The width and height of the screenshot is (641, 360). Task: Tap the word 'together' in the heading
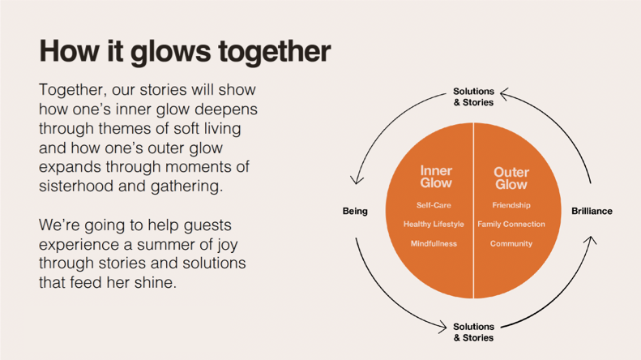coord(273,52)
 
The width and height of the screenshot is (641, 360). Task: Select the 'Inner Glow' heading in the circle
coord(436,177)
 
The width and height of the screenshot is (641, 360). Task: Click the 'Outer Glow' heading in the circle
coord(511,178)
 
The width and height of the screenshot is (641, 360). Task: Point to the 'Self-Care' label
coord(434,205)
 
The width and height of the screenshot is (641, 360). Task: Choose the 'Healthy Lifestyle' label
coord(434,224)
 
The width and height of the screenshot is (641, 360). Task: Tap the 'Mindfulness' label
coord(434,243)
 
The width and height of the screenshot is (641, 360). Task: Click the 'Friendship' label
coord(511,205)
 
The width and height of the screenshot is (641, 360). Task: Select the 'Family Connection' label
coord(511,224)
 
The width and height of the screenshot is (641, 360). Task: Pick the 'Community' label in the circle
coord(511,243)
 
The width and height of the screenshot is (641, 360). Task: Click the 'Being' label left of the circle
coord(355,212)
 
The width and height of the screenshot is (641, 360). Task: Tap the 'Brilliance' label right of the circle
coord(592,212)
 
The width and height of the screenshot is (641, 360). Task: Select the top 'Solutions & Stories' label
coord(473,97)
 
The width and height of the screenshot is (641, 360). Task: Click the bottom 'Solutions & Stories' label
coord(473,332)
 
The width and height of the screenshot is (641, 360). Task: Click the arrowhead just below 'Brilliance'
coord(591,240)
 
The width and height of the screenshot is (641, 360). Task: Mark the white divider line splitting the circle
coord(473,212)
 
